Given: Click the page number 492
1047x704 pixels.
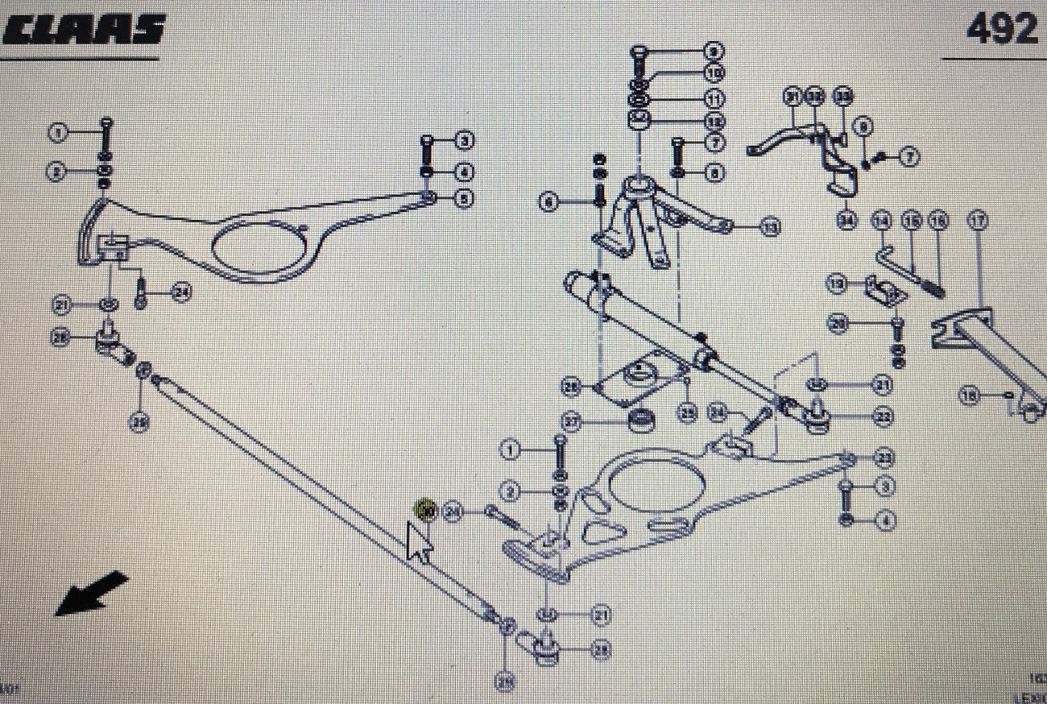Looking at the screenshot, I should (x=1001, y=31).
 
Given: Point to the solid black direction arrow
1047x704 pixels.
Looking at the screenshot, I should (x=90, y=594).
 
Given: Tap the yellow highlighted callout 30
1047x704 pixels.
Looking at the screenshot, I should (x=424, y=510).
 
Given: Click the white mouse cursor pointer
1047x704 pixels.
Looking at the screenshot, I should (x=418, y=542).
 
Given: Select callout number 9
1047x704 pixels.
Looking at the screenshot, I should (x=713, y=51).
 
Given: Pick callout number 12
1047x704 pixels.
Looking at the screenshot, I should (x=713, y=122).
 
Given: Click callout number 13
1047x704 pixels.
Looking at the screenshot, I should (x=771, y=229).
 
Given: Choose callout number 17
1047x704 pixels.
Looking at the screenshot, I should (x=978, y=220).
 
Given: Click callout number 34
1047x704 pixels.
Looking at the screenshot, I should (x=846, y=219).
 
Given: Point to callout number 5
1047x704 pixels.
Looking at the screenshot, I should (x=463, y=198).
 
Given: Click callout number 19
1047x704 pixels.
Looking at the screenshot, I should (x=837, y=284).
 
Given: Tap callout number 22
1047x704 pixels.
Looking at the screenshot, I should (x=883, y=416).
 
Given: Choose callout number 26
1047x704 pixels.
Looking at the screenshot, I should (x=572, y=387).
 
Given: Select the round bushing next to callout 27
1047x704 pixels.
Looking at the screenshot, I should (x=639, y=421).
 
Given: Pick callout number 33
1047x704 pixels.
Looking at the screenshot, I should (x=842, y=97).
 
